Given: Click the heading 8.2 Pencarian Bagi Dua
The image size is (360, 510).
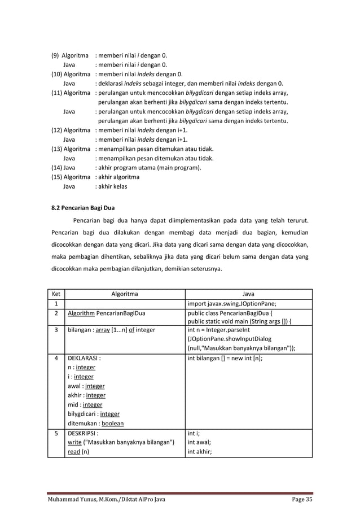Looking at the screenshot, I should click(x=82, y=208).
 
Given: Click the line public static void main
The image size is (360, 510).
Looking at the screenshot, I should click(x=240, y=321).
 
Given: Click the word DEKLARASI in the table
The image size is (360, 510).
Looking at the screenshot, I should click(x=84, y=359).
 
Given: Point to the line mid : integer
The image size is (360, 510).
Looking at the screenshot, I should click(x=85, y=404).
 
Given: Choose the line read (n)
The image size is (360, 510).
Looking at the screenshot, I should click(x=76, y=452).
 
